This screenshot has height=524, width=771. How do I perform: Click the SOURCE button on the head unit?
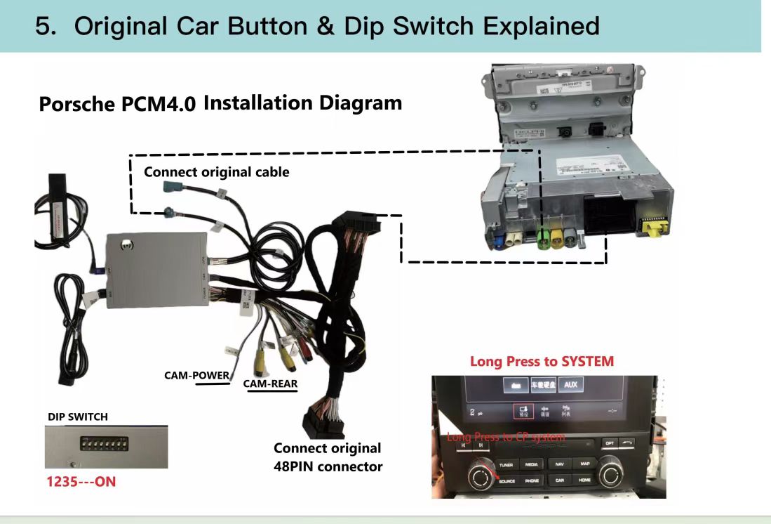click(x=507, y=481)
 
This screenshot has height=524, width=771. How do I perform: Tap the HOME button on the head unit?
click(x=585, y=480)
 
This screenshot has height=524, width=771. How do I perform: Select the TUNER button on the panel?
click(x=507, y=465)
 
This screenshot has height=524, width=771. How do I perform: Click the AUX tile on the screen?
click(x=570, y=386)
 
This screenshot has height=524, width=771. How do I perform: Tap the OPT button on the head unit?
click(x=610, y=443)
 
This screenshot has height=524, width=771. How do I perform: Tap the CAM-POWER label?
click(x=196, y=375)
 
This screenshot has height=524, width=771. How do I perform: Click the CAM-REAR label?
click(x=270, y=384)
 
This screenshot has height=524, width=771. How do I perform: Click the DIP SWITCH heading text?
click(x=78, y=417)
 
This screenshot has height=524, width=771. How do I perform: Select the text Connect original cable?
click(x=216, y=172)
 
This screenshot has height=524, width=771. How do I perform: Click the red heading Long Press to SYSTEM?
click(x=542, y=362)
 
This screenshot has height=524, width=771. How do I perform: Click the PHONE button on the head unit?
click(x=532, y=481)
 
